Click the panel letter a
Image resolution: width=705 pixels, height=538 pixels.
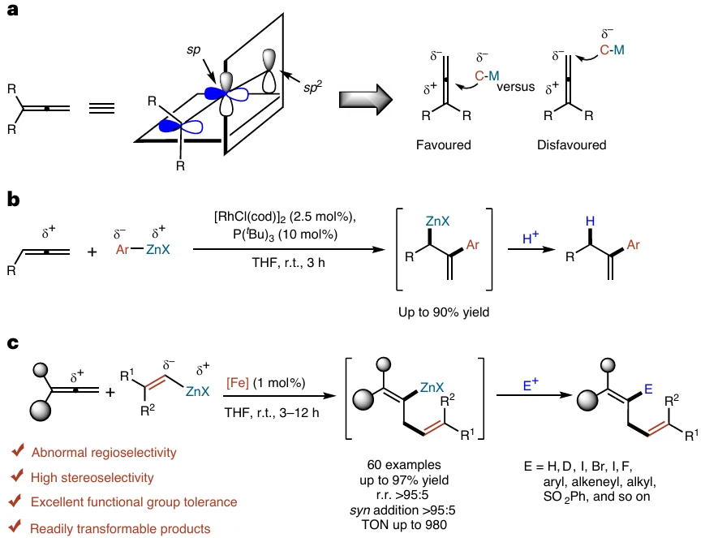(13, 10)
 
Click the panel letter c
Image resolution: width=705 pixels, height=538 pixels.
(13, 343)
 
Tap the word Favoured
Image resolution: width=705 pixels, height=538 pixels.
(443, 144)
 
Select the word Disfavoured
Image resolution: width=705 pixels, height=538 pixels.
(571, 144)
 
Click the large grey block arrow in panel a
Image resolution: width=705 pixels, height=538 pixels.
(366, 99)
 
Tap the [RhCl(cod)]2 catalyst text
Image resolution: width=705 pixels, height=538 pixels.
(251, 217)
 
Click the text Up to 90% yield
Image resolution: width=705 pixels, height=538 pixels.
(443, 312)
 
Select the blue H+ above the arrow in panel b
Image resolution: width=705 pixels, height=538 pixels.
(531, 237)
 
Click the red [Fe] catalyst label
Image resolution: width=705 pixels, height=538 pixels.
(238, 383)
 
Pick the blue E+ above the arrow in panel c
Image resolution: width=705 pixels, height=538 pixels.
(531, 385)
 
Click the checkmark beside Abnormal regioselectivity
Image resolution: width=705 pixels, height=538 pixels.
(18, 450)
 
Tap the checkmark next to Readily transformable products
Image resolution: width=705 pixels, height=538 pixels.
(15, 526)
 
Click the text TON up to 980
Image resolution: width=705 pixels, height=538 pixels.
(404, 524)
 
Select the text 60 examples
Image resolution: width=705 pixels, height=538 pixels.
(404, 465)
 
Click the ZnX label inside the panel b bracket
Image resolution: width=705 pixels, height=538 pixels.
(437, 221)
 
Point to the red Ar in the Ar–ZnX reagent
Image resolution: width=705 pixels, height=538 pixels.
(123, 249)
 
